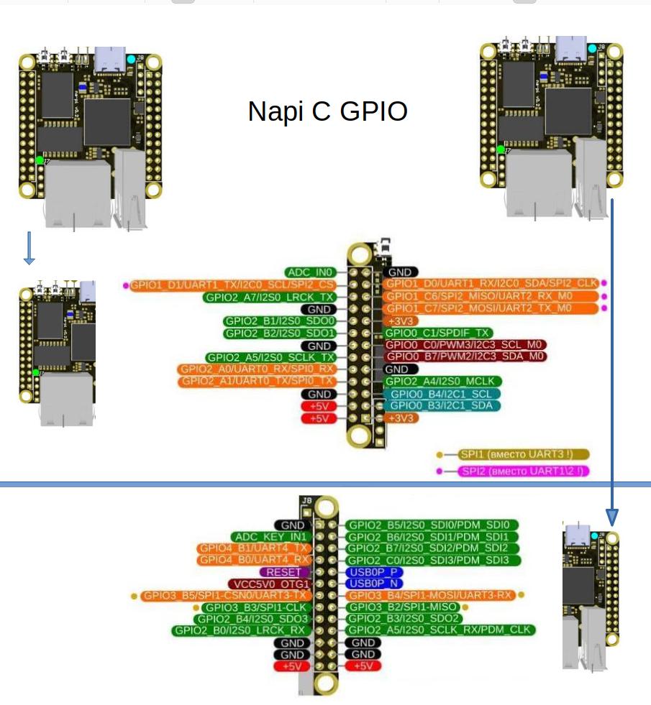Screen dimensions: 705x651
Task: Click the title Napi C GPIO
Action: pos(327,111)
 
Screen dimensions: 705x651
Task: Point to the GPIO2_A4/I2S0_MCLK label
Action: pos(442,381)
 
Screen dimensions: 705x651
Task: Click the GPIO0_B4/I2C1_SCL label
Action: pos(440,394)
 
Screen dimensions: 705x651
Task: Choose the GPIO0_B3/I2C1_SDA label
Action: pos(442,406)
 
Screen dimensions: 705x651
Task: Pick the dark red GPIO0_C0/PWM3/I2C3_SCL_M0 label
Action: pos(465,345)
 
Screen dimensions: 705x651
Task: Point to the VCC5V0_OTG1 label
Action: pos(268,584)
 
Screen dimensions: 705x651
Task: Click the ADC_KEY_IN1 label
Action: pos(270,537)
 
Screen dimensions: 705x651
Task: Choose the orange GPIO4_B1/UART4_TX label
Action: pos(254,548)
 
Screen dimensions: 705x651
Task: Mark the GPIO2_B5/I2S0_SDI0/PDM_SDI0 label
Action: pos(432,525)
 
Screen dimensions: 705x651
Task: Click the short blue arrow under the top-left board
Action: pos(29,248)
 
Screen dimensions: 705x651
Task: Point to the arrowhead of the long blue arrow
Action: pos(611,516)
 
